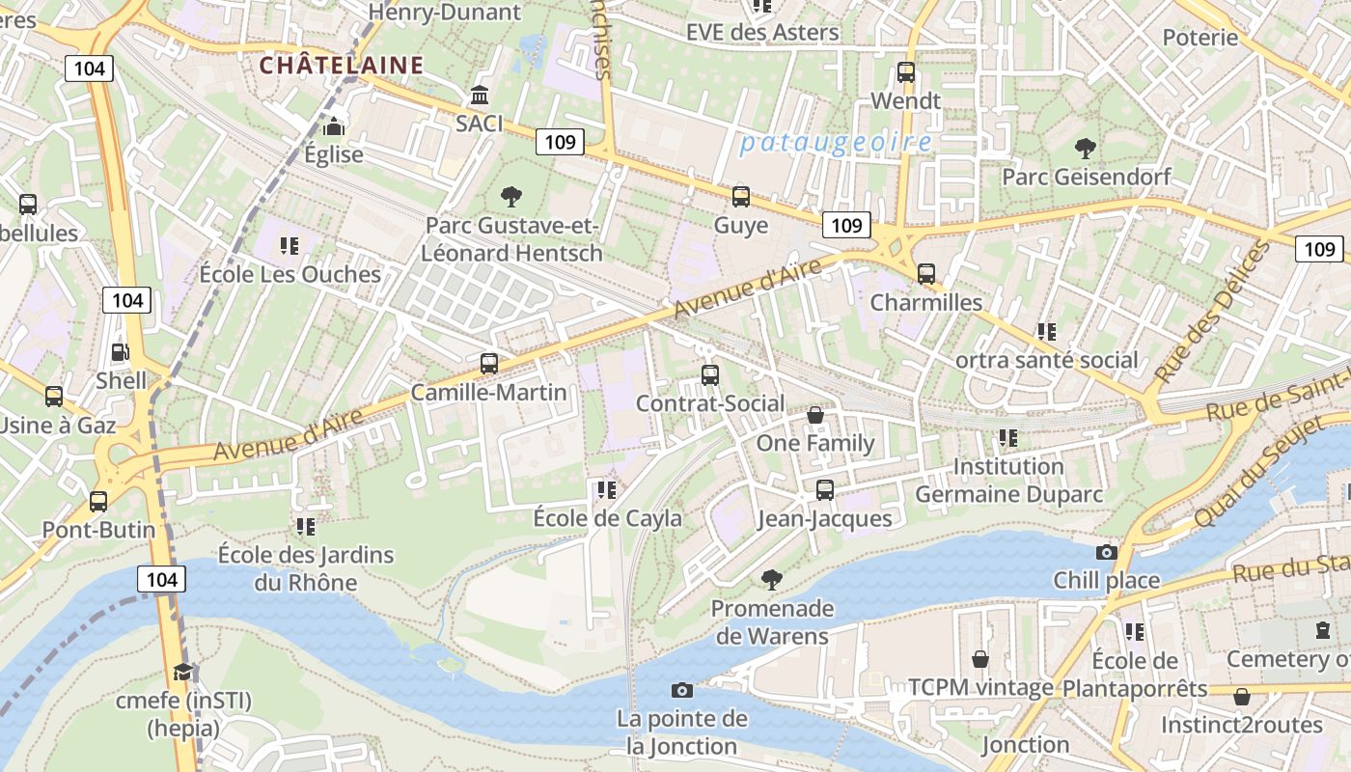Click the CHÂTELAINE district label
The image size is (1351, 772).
(x=342, y=65)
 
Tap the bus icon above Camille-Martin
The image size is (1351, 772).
(x=489, y=364)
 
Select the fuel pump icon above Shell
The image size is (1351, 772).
(x=121, y=352)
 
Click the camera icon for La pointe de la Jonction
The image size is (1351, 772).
(x=682, y=690)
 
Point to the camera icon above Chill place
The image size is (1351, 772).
(x=1107, y=552)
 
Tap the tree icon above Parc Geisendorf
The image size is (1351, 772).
(x=1086, y=148)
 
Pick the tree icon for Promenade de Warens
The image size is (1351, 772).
(x=771, y=579)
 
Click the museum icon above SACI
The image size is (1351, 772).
(x=480, y=95)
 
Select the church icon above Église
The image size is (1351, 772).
(x=334, y=126)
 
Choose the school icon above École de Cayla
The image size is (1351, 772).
(x=607, y=490)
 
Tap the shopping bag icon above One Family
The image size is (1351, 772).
(x=815, y=415)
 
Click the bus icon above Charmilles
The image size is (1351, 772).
(x=926, y=273)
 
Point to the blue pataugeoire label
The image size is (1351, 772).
(x=836, y=143)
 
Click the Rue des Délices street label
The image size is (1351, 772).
(x=1213, y=311)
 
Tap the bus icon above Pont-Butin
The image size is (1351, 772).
(x=98, y=502)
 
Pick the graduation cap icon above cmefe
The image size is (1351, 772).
(x=182, y=672)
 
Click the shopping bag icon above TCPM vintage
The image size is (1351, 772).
(x=980, y=659)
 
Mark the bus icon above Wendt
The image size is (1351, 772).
(x=906, y=71)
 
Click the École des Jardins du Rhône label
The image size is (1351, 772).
(x=306, y=568)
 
